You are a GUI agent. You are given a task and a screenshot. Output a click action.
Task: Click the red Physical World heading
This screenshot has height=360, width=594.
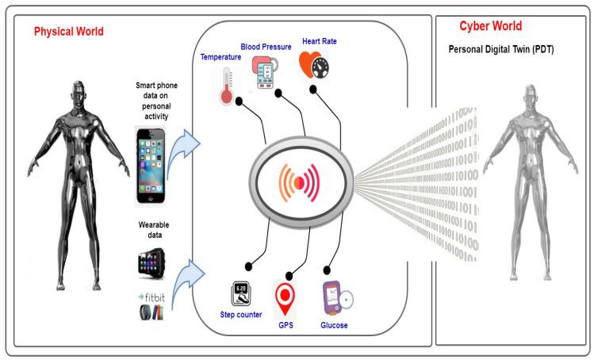(68, 32)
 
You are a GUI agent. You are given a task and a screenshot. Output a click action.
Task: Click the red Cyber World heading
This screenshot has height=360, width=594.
(491, 25)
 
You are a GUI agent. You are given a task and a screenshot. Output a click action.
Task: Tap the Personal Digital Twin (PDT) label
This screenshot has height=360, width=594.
(501, 49)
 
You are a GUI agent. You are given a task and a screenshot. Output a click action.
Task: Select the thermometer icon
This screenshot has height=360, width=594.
(226, 86)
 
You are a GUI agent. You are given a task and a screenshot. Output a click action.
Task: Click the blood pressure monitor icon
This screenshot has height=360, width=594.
(264, 72)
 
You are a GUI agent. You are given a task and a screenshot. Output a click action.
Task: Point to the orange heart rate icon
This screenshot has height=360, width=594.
(314, 65)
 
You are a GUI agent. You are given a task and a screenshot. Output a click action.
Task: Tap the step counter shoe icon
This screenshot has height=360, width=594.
(241, 293)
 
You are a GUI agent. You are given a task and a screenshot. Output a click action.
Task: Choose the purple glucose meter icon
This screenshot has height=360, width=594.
(338, 298)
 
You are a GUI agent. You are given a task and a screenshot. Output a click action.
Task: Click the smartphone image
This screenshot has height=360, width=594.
(151, 166)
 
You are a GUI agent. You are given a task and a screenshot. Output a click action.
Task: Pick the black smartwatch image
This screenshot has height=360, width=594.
(151, 263)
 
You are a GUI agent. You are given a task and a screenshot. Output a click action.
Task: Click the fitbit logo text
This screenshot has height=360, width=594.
(152, 297)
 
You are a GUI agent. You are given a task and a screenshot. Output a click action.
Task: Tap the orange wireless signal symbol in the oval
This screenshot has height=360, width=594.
(299, 182)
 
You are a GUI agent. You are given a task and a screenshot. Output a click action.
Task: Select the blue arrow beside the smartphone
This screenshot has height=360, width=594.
(184, 150)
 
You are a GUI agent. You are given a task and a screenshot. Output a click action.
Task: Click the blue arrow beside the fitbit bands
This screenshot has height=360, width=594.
(188, 281)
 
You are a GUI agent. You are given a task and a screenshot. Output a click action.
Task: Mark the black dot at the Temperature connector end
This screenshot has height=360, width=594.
(239, 101)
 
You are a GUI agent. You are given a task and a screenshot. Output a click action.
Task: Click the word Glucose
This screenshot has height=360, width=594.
(334, 325)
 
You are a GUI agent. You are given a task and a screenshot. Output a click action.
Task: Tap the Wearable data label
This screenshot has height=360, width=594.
(154, 230)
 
